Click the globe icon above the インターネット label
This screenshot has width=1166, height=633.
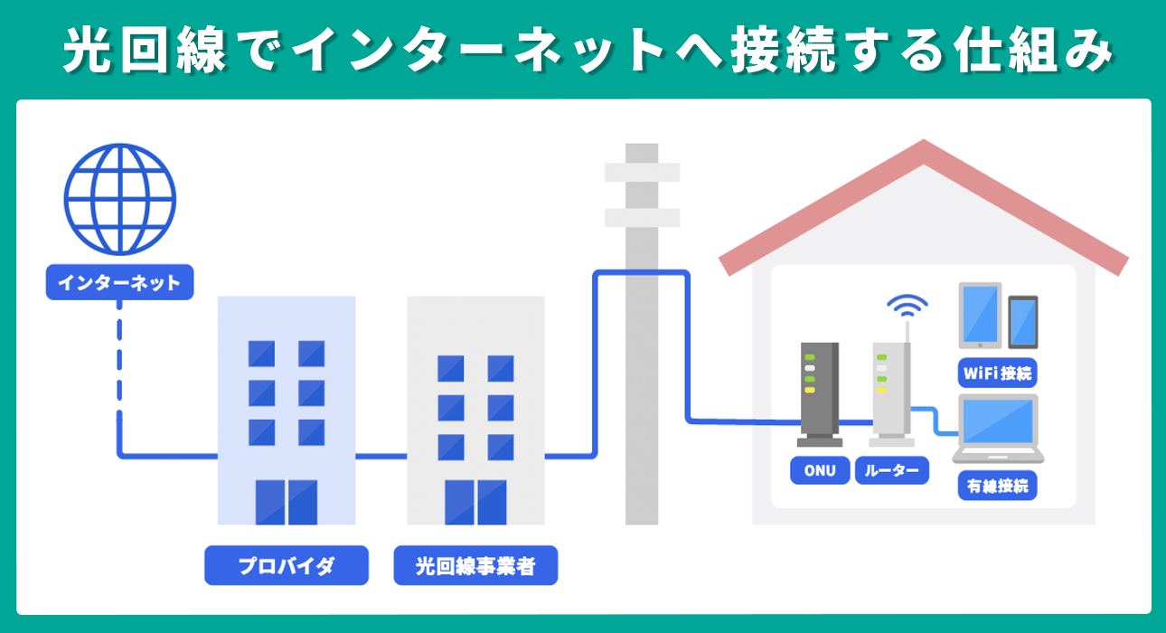tap(119, 200)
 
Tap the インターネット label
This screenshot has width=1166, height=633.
tap(119, 283)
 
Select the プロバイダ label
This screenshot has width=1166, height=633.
tap(287, 566)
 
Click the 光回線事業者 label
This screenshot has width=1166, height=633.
tap(475, 566)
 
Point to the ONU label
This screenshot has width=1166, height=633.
tap(820, 470)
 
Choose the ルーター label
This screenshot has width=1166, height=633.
tap(891, 470)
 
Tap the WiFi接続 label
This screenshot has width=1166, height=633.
tap(998, 373)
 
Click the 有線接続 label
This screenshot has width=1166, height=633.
tap(998, 486)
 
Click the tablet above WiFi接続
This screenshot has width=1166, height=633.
tap(980, 315)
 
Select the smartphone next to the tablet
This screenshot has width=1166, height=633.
tap(1023, 322)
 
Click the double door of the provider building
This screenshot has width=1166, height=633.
tap(287, 503)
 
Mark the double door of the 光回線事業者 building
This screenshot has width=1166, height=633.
tap(475, 503)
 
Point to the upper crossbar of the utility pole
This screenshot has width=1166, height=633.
tap(642, 172)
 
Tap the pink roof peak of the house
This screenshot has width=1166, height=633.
tap(923, 154)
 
